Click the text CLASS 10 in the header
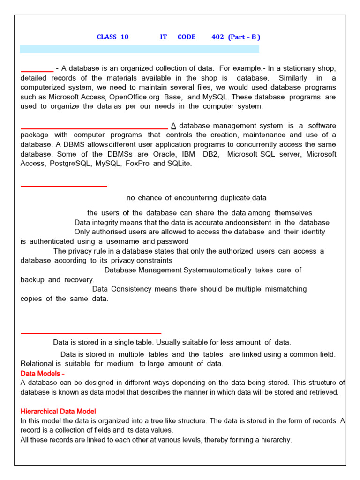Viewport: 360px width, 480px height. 112,37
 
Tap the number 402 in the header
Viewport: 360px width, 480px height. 217,37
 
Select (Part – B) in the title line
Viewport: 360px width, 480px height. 244,37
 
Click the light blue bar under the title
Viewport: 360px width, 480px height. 139,49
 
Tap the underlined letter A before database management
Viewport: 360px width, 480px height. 173,126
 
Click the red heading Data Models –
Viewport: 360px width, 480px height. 43,374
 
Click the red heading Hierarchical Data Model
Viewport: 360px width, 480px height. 58,412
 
